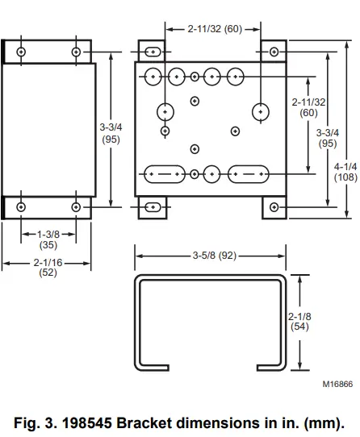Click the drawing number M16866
[x=337, y=384]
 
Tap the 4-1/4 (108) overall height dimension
[x=345, y=172]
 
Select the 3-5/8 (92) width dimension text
[x=215, y=256]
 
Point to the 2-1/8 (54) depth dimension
[x=299, y=322]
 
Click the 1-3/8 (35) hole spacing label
[x=48, y=239]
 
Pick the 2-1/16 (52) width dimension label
[x=48, y=267]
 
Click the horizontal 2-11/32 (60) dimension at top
[x=215, y=29]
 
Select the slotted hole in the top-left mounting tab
[x=153, y=52]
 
